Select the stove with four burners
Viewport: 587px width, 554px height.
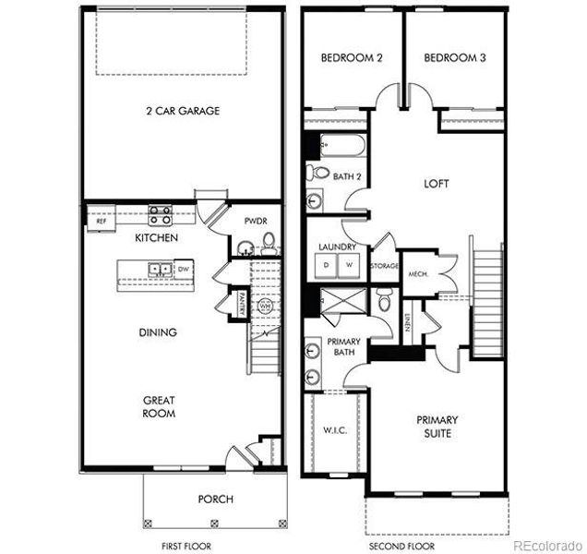pyautogui.click(x=160, y=216)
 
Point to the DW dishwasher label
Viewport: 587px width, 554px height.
pyautogui.click(x=183, y=269)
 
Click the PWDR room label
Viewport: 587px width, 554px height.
pyautogui.click(x=255, y=222)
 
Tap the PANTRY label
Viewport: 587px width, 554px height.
pyautogui.click(x=241, y=305)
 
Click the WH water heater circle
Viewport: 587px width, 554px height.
pyautogui.click(x=265, y=306)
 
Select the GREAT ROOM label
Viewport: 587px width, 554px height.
pyautogui.click(x=159, y=406)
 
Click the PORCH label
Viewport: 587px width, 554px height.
pyautogui.click(x=215, y=500)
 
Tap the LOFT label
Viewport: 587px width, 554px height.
pyautogui.click(x=436, y=184)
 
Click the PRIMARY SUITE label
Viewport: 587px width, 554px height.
pyautogui.click(x=437, y=427)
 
